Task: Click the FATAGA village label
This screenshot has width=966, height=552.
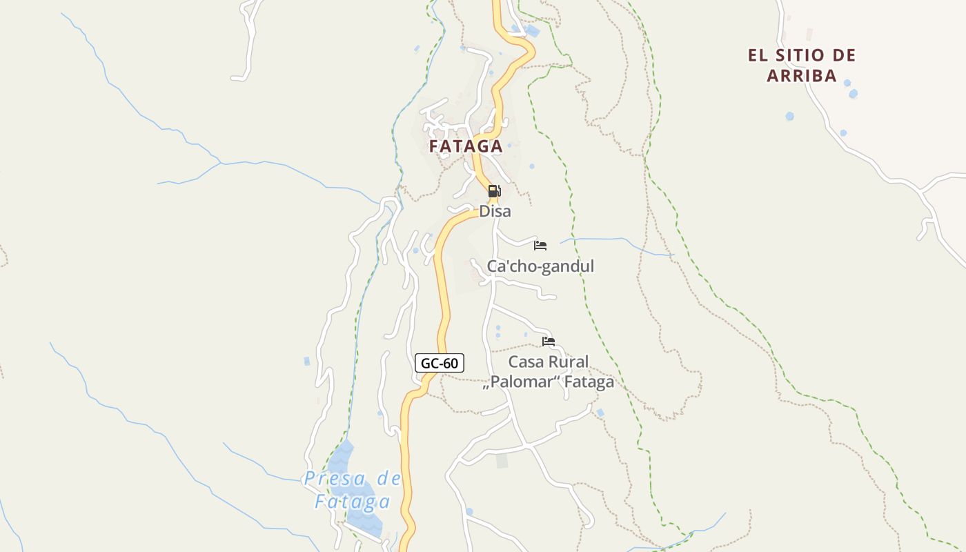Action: (x=466, y=146)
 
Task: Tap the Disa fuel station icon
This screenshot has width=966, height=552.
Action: (x=494, y=191)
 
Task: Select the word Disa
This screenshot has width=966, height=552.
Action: (x=495, y=211)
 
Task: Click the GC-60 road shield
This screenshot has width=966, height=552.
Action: (x=440, y=363)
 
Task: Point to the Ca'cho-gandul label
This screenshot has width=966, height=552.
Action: (x=540, y=266)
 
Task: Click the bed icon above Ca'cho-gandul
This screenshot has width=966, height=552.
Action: (x=540, y=245)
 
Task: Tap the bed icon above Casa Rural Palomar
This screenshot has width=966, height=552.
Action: (x=549, y=341)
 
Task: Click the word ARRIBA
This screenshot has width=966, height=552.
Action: (x=802, y=76)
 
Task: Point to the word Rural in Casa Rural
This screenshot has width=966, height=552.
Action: (x=567, y=362)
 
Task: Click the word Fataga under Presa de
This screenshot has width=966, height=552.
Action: (x=353, y=502)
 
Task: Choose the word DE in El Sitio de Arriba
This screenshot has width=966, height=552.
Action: (x=843, y=55)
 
